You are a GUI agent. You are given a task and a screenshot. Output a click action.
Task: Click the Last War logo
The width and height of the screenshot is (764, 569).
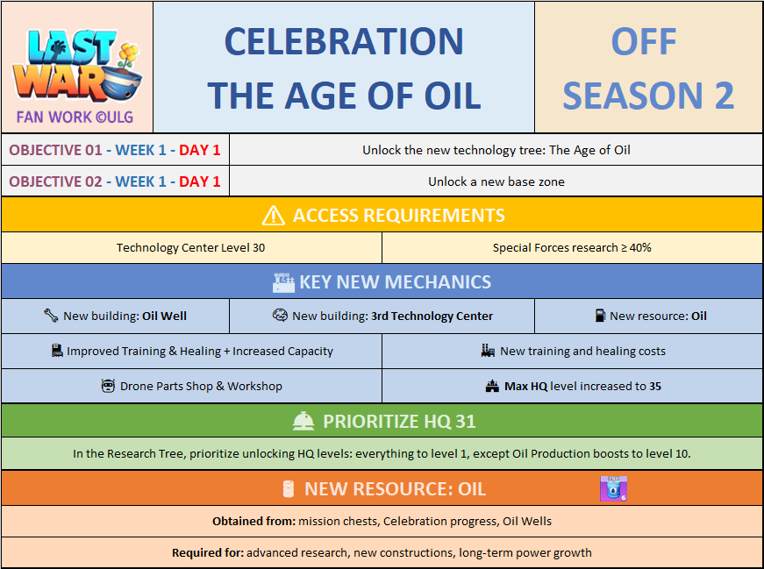click(77, 66)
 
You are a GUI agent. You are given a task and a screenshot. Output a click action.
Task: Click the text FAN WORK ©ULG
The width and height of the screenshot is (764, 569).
click(75, 117)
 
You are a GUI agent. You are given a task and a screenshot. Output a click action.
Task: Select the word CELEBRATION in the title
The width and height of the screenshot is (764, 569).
click(344, 41)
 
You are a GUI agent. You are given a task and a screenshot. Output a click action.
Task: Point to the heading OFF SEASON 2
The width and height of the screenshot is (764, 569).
click(648, 68)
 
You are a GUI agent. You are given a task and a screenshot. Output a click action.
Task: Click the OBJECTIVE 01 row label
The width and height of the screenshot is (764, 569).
click(115, 150)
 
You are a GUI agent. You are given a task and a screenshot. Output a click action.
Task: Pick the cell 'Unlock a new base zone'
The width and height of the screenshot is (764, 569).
click(496, 181)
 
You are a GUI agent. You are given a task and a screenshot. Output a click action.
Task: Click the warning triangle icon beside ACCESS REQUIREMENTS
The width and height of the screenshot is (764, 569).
click(274, 216)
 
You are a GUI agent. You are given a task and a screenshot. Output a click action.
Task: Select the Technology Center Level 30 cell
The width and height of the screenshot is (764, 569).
click(191, 247)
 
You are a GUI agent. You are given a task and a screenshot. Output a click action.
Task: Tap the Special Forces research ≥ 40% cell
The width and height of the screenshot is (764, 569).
click(572, 247)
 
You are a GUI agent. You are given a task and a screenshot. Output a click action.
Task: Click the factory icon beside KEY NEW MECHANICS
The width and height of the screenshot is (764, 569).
click(283, 282)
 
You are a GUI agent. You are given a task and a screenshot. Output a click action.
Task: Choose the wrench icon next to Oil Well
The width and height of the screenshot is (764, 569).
click(51, 316)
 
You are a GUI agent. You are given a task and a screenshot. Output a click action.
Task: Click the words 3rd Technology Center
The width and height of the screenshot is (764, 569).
click(432, 317)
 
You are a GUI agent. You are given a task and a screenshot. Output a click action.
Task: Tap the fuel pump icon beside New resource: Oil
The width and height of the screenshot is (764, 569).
click(600, 316)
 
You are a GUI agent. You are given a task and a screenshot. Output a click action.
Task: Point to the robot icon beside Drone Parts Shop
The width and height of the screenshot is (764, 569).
click(108, 386)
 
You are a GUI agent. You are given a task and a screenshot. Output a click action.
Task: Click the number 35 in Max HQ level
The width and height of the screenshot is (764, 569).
click(655, 387)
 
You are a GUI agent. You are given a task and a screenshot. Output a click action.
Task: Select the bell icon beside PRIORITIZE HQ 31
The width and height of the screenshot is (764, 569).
click(303, 422)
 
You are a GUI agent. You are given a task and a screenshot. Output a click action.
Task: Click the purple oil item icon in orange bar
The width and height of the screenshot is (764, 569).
click(613, 488)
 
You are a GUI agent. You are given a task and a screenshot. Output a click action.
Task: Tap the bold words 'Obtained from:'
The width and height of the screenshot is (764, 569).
click(253, 522)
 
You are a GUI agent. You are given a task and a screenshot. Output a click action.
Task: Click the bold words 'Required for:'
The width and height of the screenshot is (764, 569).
click(208, 553)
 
